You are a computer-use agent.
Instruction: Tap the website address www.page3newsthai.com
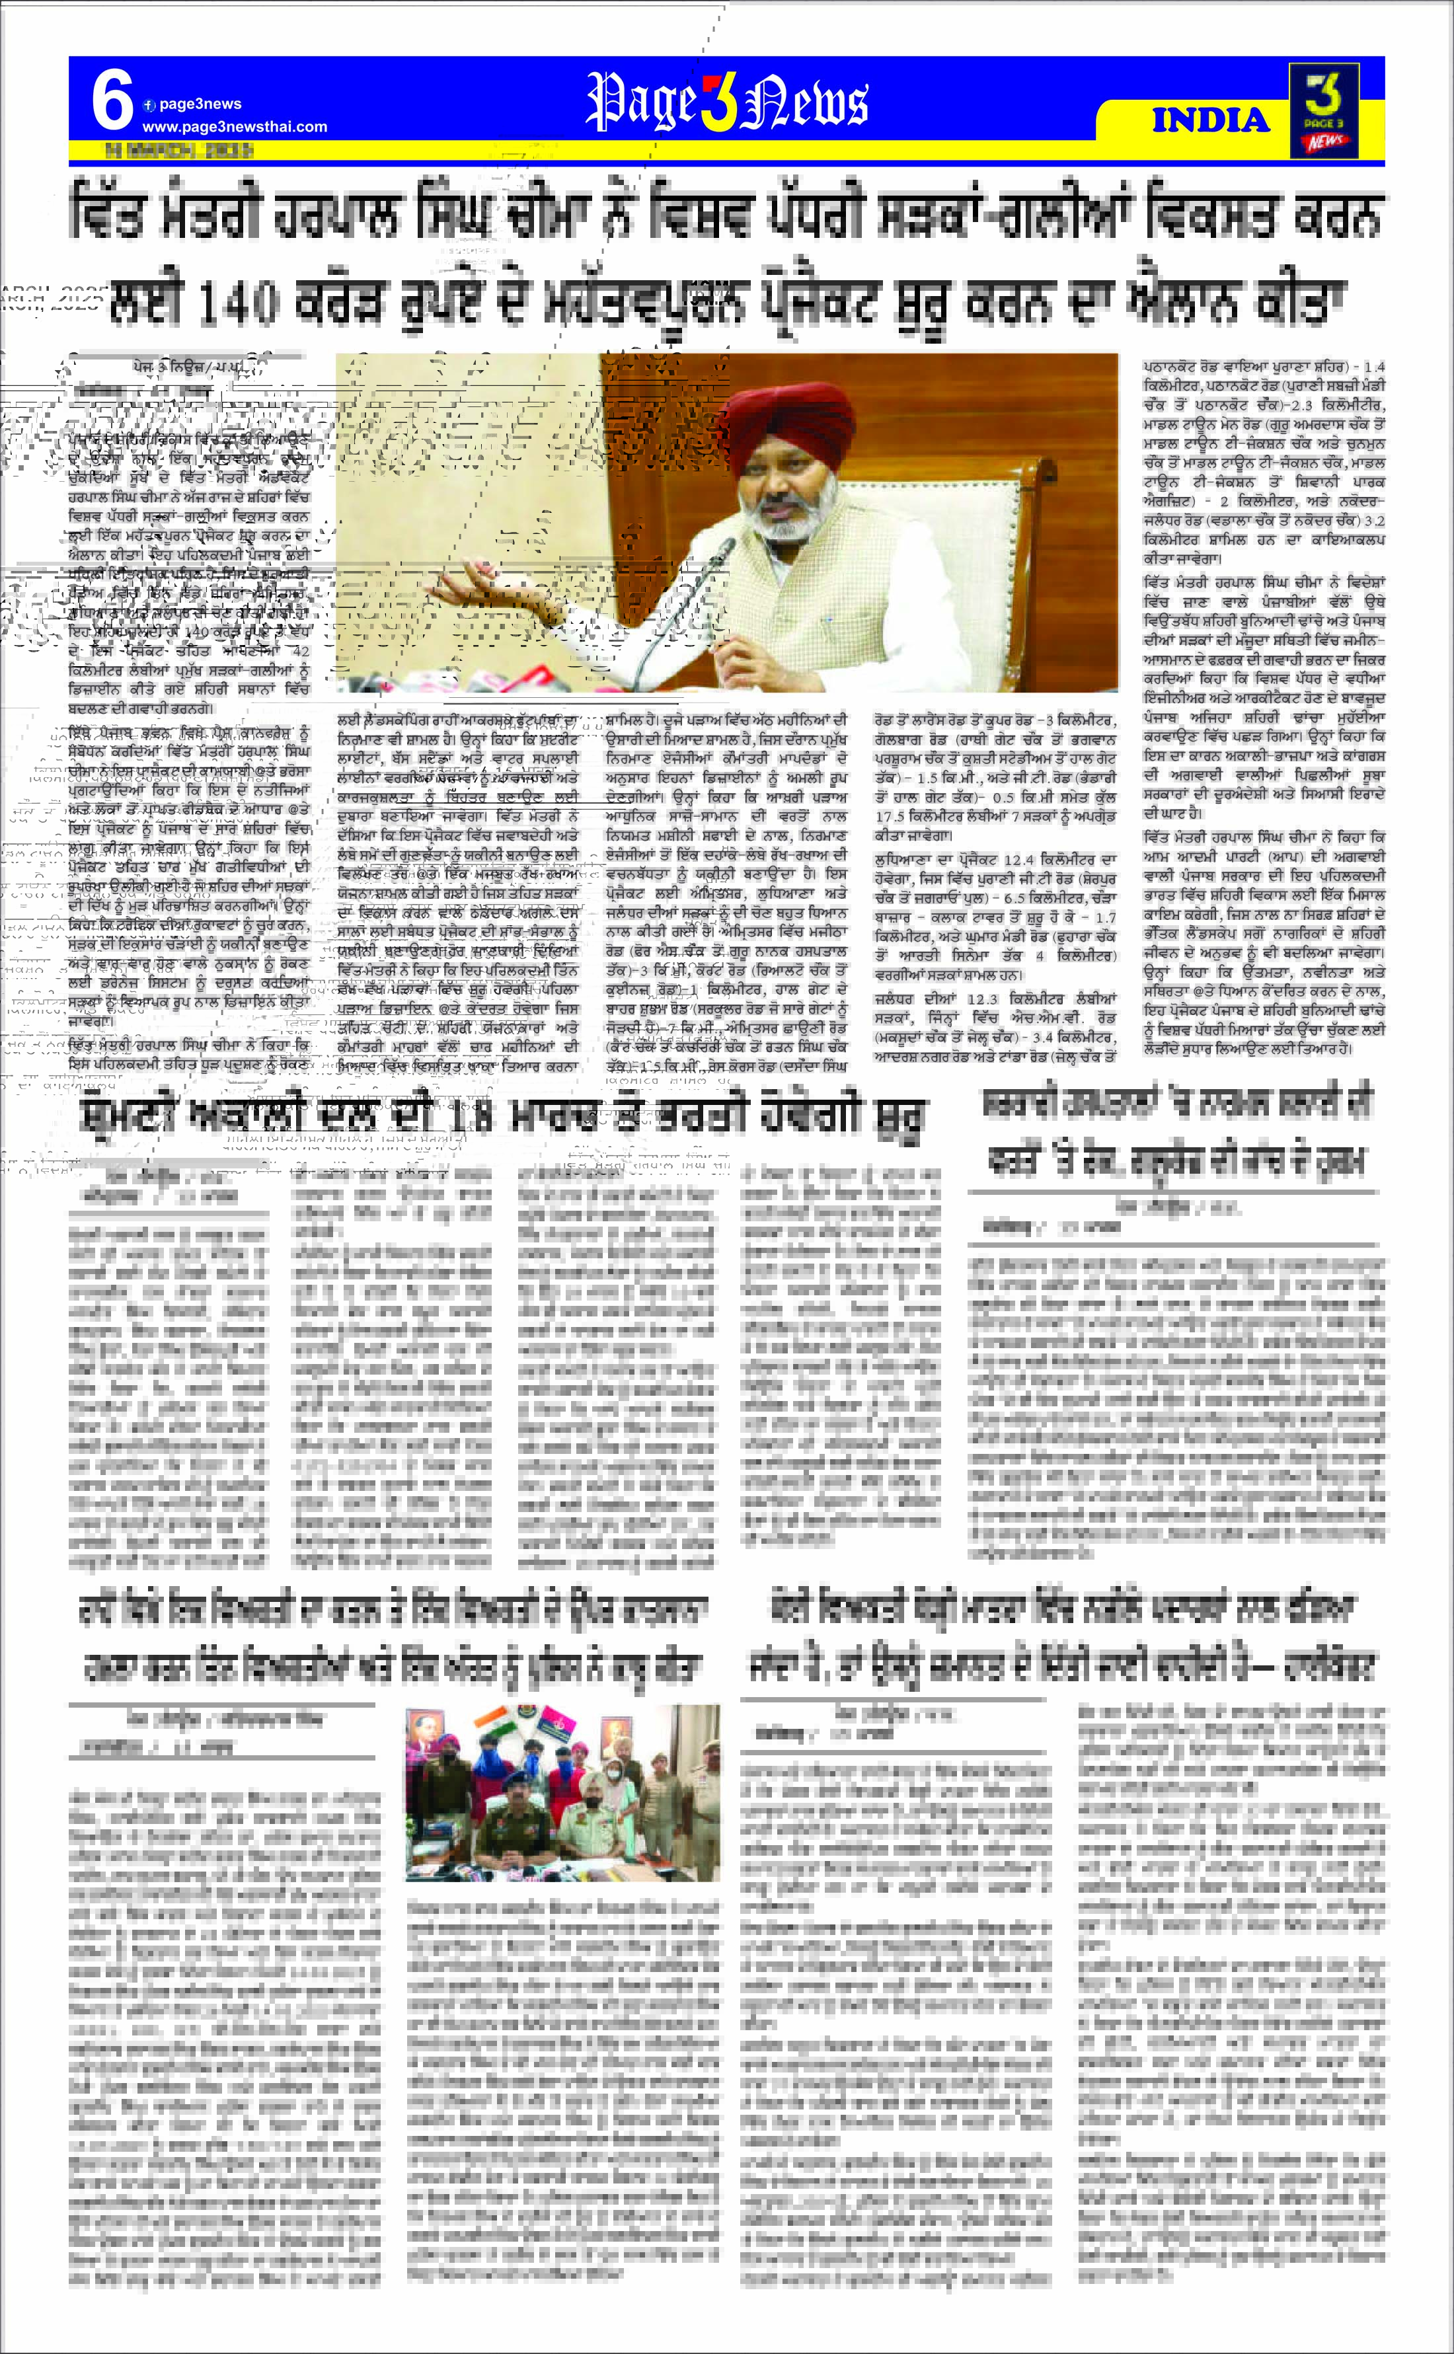235,127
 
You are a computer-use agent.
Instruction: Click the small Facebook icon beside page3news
149,105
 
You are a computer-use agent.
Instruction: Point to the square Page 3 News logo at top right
1324,110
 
